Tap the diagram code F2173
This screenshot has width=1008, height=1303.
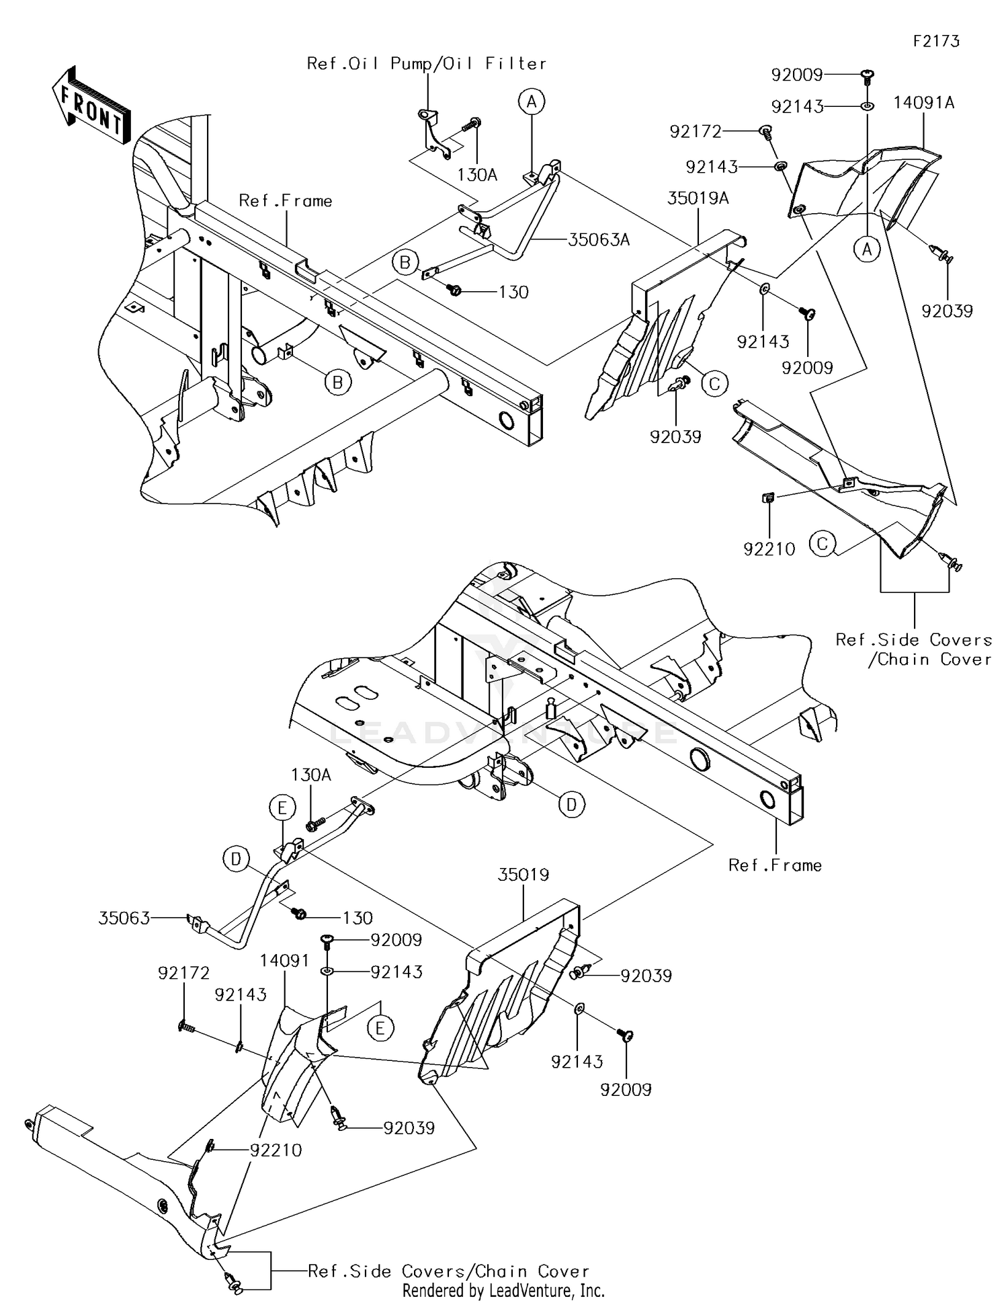[x=936, y=42]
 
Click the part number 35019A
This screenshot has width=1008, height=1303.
[x=698, y=198]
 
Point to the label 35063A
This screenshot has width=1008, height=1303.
[x=598, y=240]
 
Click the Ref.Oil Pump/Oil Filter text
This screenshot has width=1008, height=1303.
[x=426, y=64]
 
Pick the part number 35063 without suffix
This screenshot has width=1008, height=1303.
[x=124, y=918]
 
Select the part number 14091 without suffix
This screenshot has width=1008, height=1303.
[x=286, y=961]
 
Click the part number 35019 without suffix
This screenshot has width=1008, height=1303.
[x=523, y=875]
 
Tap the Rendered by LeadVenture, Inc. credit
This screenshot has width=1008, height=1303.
[x=503, y=1290]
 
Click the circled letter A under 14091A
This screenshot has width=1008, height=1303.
[x=867, y=249]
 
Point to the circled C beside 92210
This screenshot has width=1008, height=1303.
[x=823, y=543]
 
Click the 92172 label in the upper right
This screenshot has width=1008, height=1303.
[x=695, y=132]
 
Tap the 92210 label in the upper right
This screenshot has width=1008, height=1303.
[x=769, y=549]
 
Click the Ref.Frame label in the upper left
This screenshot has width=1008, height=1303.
[x=286, y=201]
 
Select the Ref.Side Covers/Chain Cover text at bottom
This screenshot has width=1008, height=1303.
[x=448, y=1271]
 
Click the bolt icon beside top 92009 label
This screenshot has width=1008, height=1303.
[x=867, y=74]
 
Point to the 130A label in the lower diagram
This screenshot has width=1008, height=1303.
[x=311, y=775]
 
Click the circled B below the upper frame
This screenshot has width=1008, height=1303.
[x=338, y=383]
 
